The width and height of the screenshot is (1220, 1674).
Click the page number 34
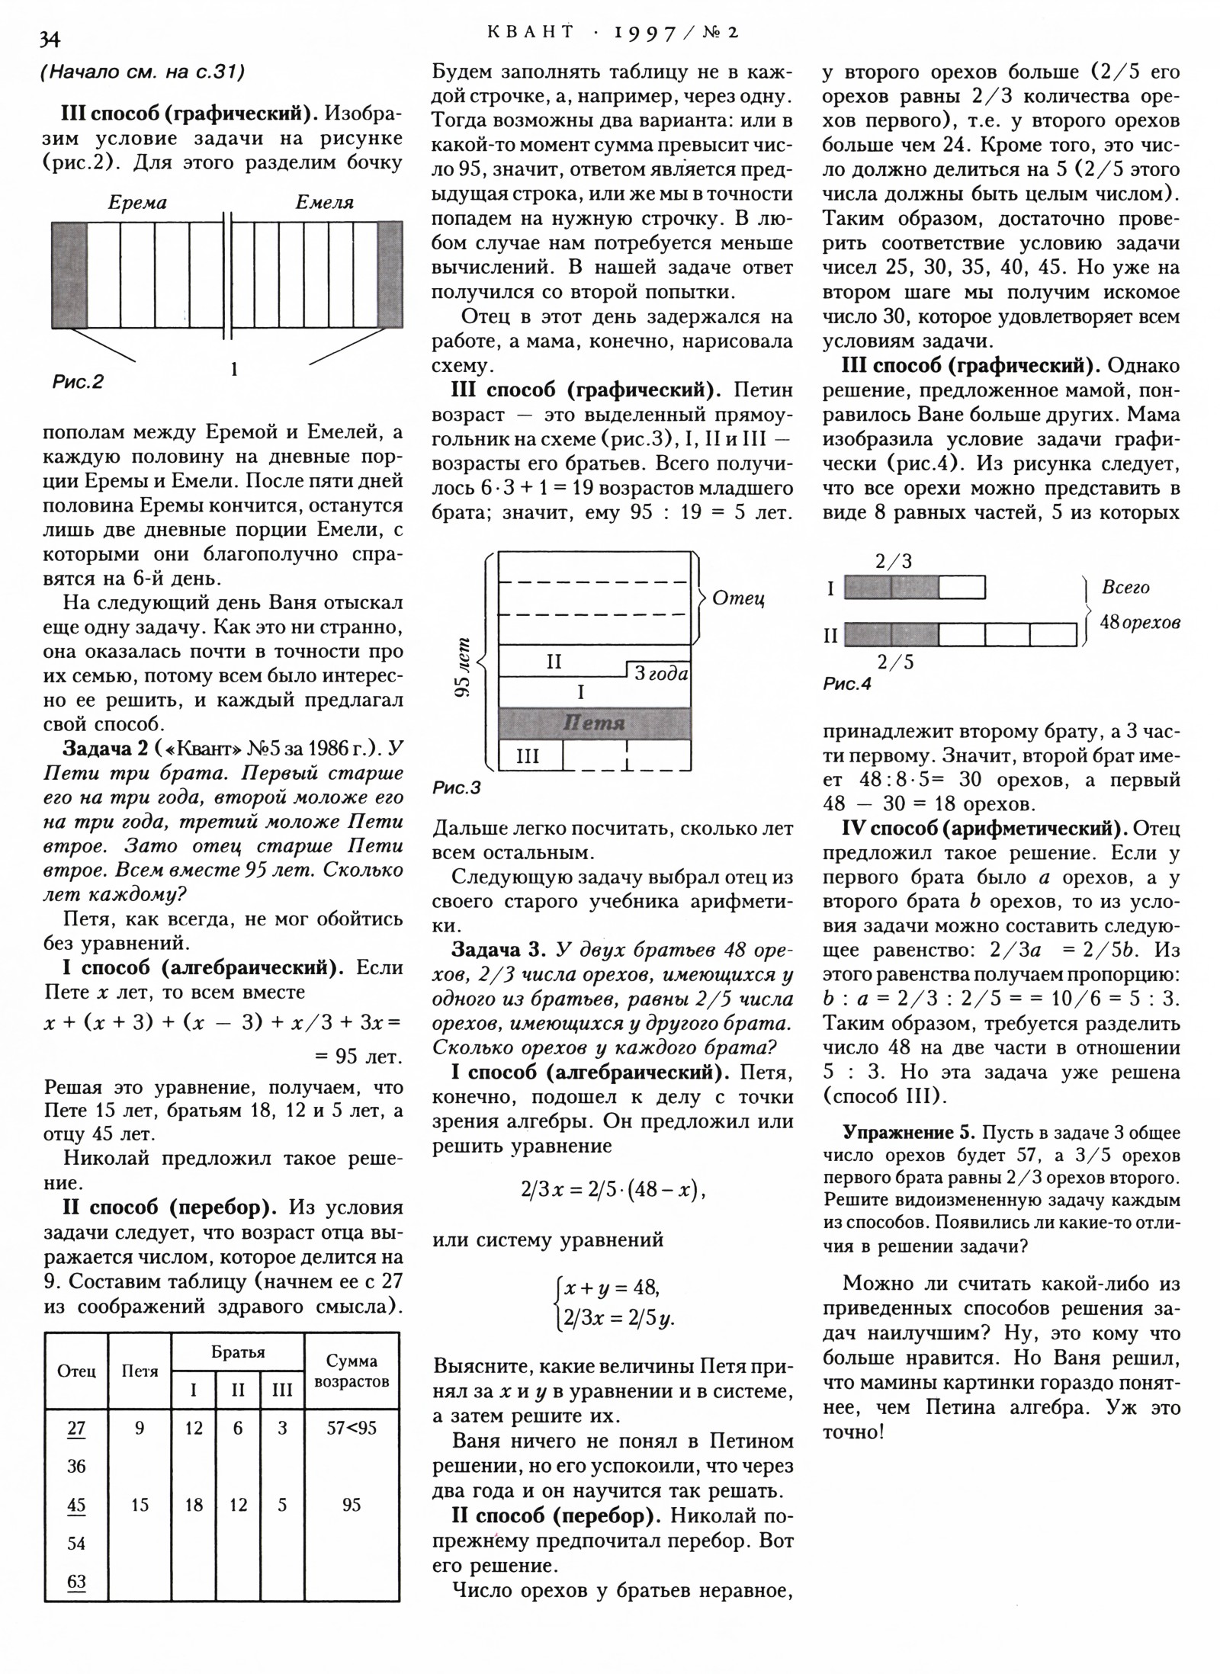48,39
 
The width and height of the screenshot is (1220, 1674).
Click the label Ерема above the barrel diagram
137,203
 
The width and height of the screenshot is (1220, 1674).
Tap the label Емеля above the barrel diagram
324,203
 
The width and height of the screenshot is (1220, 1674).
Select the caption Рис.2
77,381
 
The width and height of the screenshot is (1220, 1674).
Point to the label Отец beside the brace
738,598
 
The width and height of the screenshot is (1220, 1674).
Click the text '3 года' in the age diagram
660,674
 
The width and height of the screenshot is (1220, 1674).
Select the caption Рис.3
456,788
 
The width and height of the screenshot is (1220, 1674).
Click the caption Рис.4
846,684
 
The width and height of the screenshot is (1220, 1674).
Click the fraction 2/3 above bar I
893,562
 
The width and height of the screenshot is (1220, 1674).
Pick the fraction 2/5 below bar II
894,662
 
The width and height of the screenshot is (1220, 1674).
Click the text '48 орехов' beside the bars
1139,622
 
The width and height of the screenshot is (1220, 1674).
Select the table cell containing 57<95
352,1428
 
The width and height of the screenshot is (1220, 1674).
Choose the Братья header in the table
238,1352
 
